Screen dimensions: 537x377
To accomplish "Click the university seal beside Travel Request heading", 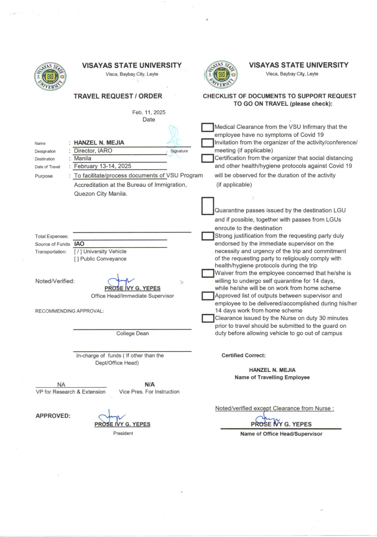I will tap(50, 77).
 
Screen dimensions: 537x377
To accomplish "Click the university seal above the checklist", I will tap(221, 74).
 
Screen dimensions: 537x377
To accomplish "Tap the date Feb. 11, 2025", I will tap(149, 112).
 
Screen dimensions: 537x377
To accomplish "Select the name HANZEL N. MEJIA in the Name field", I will tap(99, 143).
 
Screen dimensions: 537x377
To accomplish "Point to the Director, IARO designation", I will tap(93, 151).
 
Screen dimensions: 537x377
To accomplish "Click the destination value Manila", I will tap(83, 158).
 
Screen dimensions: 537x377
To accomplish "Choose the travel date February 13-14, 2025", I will tap(103, 166).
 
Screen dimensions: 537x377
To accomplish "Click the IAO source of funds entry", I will tap(79, 244).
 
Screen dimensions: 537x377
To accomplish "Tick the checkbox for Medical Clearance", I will tap(207, 127).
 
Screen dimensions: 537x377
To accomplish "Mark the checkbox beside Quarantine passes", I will tap(208, 206).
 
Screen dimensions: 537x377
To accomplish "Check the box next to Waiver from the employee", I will tap(208, 273).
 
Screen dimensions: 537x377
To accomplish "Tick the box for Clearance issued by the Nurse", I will tap(208, 318).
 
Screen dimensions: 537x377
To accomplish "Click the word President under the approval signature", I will tap(123, 433).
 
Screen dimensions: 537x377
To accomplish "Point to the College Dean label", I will tap(133, 334).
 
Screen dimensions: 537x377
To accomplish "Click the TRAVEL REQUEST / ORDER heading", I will tap(118, 96).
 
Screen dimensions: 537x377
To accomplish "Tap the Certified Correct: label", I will tap(244, 355).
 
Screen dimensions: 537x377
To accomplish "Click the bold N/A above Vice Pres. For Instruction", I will tap(150, 385).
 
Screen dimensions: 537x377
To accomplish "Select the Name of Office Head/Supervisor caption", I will tap(281, 434).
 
